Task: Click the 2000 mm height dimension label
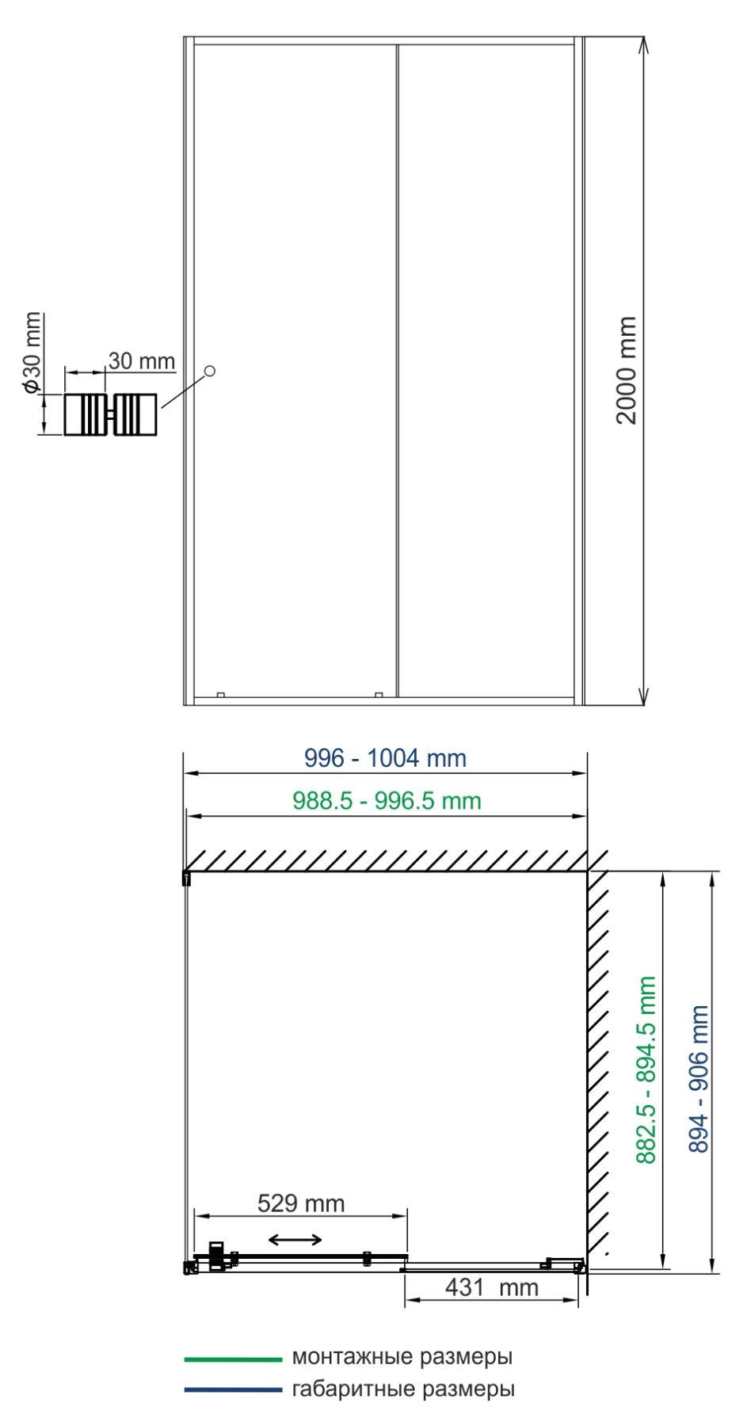tap(627, 370)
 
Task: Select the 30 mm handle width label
tap(141, 361)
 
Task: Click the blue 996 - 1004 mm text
tap(385, 758)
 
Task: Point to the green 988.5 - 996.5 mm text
tap(387, 801)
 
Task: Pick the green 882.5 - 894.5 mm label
tap(646, 1069)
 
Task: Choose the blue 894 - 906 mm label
tap(699, 1079)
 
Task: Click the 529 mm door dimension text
tap(301, 1203)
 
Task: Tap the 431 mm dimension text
tap(491, 1287)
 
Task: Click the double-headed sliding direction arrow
tap(295, 1240)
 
